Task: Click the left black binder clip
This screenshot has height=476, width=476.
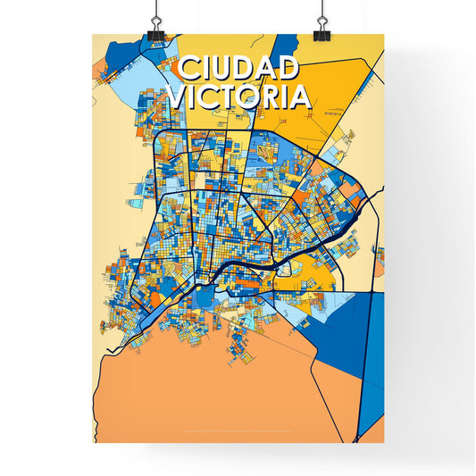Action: click(x=155, y=29)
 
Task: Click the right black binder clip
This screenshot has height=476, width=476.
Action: click(x=320, y=29)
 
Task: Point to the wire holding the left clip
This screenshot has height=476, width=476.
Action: click(x=155, y=9)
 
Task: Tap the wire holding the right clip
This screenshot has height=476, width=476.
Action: click(x=320, y=9)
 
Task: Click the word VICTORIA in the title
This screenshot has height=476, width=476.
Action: click(x=238, y=96)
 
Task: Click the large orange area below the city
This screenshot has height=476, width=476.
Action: click(x=205, y=393)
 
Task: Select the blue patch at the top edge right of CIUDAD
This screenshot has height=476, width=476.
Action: click(x=286, y=46)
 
